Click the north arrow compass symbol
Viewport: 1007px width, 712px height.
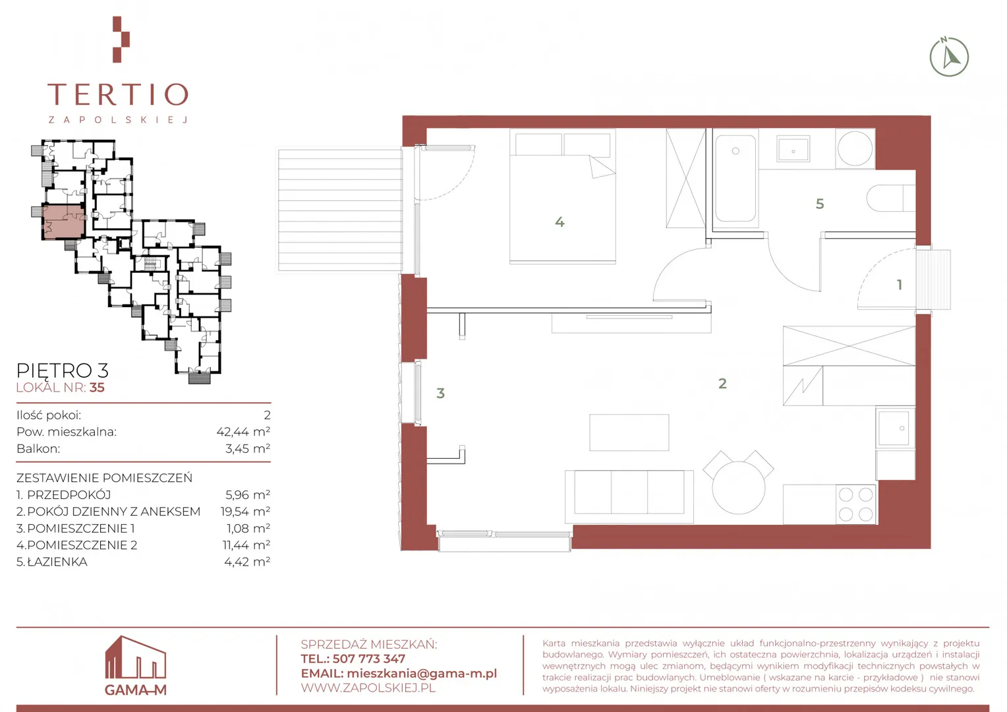pos(949,57)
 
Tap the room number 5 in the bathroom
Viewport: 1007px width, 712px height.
pos(820,204)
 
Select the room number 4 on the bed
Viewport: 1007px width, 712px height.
pos(560,222)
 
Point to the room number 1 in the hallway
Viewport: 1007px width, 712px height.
pos(900,285)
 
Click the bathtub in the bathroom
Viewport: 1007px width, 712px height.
pos(735,179)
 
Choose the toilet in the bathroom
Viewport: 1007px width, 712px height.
pos(890,198)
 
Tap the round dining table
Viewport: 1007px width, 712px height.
pos(739,488)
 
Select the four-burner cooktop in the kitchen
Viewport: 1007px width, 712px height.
pos(856,504)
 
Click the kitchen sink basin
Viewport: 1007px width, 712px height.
pos(894,429)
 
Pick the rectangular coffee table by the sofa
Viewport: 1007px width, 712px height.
pos(629,432)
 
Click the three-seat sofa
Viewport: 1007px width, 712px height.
pos(629,496)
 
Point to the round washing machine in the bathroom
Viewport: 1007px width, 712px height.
pos(855,148)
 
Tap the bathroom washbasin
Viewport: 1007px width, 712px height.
pos(793,149)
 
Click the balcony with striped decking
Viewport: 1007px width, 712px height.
pos(340,210)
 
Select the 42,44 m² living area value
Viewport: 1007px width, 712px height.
pos(243,432)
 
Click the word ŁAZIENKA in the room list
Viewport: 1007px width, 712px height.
pos(57,562)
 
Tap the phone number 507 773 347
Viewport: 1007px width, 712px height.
pos(368,659)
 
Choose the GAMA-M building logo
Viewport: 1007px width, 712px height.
pos(136,665)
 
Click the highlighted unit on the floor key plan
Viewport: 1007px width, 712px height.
pos(63,222)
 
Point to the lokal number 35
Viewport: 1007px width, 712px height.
pos(97,388)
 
